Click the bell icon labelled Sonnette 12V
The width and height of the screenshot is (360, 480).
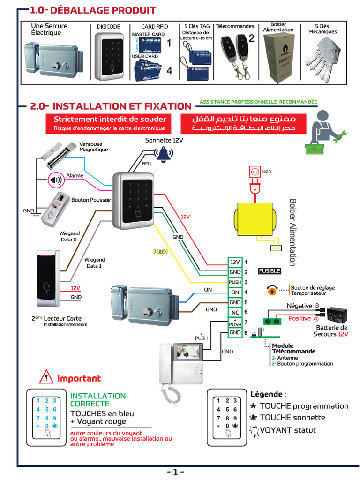coord(164,154)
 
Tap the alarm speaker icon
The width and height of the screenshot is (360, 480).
coord(56,179)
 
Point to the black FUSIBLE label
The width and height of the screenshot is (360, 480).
coord(270,271)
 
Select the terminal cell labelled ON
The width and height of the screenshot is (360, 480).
coord(235,292)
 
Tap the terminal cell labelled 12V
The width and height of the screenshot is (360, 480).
coord(235,262)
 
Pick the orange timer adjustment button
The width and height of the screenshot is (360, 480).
coord(272,291)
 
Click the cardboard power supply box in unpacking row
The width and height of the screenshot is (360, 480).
coord(279,53)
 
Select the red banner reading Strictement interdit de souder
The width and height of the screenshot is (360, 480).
coord(110,123)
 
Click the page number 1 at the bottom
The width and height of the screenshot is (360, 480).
coord(175,472)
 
